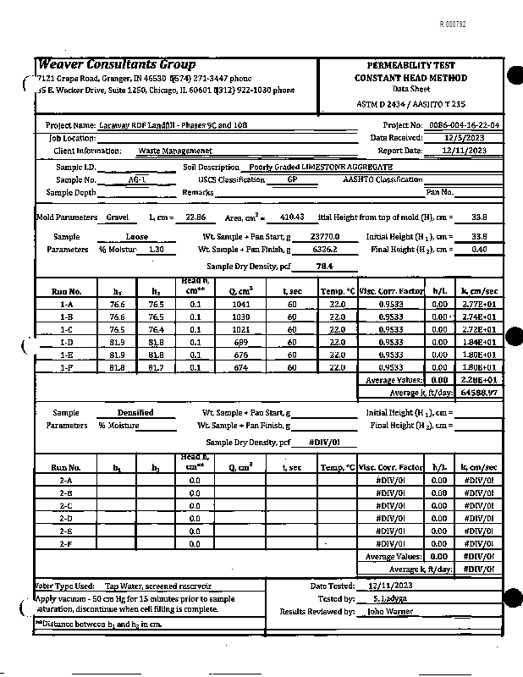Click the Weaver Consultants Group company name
pyautogui.click(x=117, y=65)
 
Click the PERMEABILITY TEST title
pyautogui.click(x=411, y=65)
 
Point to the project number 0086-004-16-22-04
pyautogui.click(x=464, y=125)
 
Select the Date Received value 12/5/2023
pyautogui.click(x=464, y=138)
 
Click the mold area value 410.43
pyautogui.click(x=290, y=218)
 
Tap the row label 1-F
pyautogui.click(x=66, y=368)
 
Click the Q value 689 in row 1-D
pyautogui.click(x=240, y=343)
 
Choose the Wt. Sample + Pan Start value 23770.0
pyautogui.click(x=324, y=237)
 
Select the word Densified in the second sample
pyautogui.click(x=135, y=413)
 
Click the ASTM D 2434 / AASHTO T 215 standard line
pyautogui.click(x=411, y=104)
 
